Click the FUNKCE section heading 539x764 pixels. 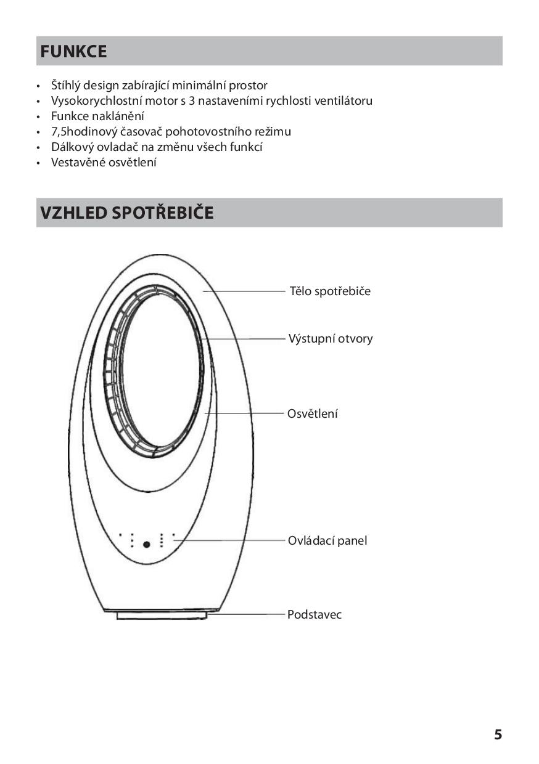click(73, 52)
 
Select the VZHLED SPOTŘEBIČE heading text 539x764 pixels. click(127, 213)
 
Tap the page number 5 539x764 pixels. click(498, 734)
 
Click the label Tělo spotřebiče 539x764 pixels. click(330, 291)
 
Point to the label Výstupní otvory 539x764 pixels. click(331, 339)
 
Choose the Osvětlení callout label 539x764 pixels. click(312, 414)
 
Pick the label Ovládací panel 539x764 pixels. click(327, 541)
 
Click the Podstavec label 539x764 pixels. click(314, 615)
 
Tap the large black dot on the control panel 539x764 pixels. click(146, 545)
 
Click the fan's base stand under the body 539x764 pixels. click(162, 615)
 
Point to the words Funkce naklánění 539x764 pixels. click(97, 116)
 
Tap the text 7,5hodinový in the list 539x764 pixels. click(83, 132)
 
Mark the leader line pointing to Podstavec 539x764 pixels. click(247, 614)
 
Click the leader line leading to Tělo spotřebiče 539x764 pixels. click(244, 291)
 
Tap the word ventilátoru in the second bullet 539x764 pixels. click(343, 101)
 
